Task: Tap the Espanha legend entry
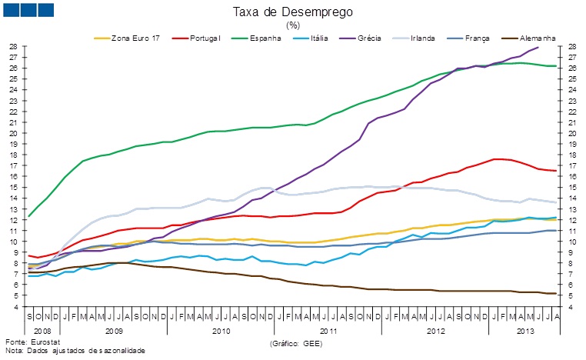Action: pyautogui.click(x=266, y=37)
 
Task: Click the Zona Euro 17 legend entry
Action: pyautogui.click(x=132, y=37)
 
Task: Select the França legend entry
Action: pyautogui.click(x=469, y=37)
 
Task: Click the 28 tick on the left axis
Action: pyautogui.click(x=13, y=46)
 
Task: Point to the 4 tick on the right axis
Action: pyautogui.click(x=573, y=307)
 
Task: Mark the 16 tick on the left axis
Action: pyautogui.click(x=13, y=176)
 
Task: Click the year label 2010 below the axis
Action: pyautogui.click(x=221, y=330)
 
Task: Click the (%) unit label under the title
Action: pyautogui.click(x=293, y=25)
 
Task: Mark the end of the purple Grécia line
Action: pyautogui.click(x=538, y=47)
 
